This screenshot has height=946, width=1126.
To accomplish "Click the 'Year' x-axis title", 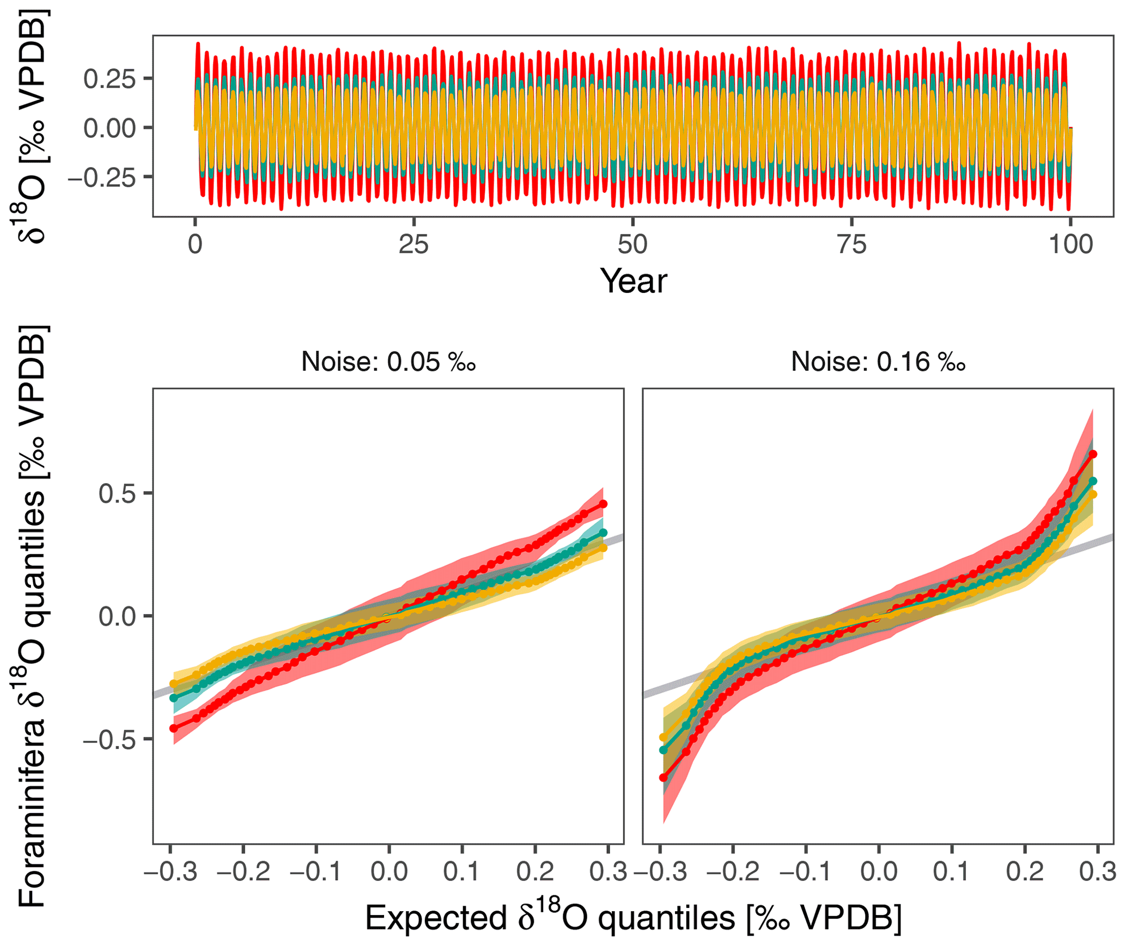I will (x=633, y=282).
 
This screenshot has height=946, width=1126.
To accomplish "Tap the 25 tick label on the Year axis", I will (x=413, y=245).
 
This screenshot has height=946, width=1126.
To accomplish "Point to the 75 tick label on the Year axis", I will (x=851, y=245).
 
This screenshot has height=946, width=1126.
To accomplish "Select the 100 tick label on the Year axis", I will (x=1070, y=245).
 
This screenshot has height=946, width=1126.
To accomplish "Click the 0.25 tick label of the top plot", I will (x=109, y=80).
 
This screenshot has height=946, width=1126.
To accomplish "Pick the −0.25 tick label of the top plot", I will (x=102, y=178).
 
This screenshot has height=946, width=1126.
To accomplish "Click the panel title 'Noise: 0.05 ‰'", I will (x=388, y=362).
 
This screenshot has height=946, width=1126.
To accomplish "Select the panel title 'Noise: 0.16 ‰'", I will (x=878, y=362).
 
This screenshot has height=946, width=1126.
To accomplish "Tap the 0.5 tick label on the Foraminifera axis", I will (x=117, y=493).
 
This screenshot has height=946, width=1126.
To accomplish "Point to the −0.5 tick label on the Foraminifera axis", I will (x=109, y=740).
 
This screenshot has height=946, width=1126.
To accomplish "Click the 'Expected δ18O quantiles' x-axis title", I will (x=633, y=919).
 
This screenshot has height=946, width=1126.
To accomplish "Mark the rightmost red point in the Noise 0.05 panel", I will (x=603, y=504).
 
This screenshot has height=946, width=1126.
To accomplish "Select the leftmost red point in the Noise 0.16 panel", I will (x=663, y=778).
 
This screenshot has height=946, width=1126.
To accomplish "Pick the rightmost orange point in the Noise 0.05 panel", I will (x=603, y=548).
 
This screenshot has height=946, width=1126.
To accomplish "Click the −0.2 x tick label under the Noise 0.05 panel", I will (x=244, y=872).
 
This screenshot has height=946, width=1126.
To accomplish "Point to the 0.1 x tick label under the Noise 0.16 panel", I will (x=951, y=872).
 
